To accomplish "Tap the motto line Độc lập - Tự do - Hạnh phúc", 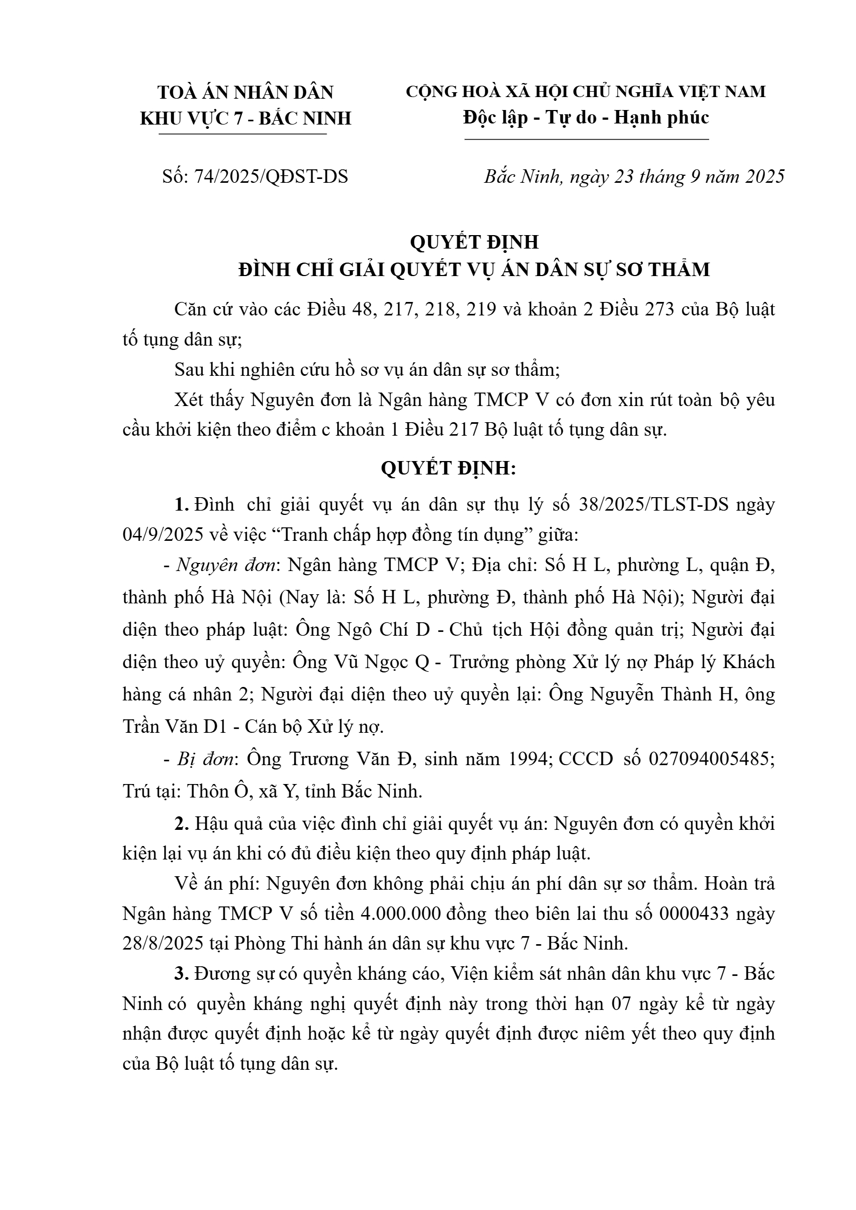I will click(x=586, y=117).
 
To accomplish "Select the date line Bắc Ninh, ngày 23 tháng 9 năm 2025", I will click(x=634, y=176).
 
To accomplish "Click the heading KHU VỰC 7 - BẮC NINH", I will click(x=246, y=118).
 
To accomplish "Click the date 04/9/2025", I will click(x=163, y=535).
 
